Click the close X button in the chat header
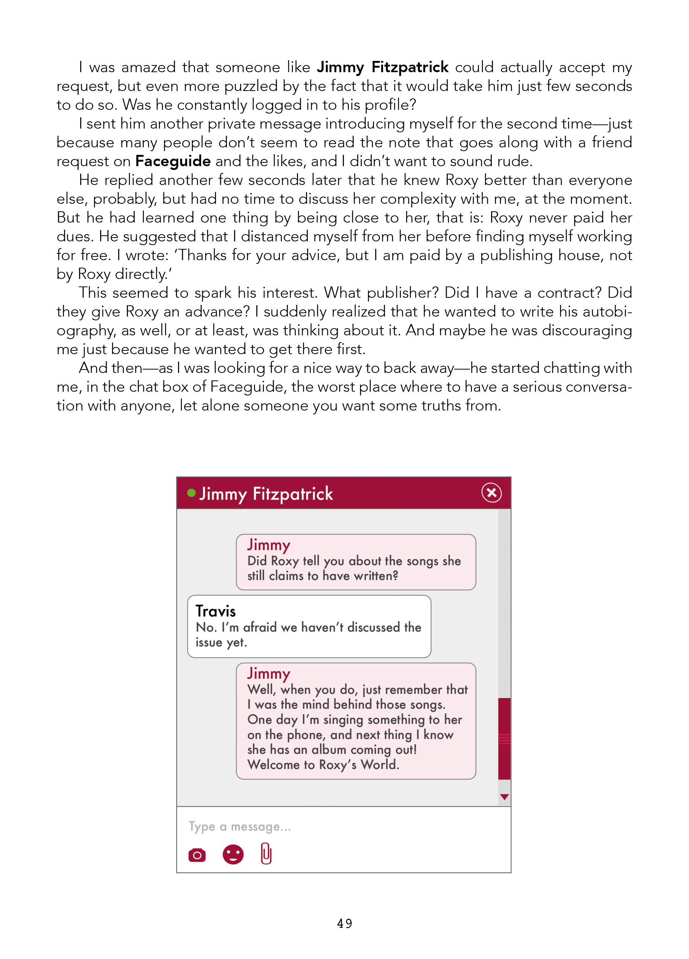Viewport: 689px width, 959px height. (491, 492)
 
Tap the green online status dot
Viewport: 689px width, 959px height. (191, 492)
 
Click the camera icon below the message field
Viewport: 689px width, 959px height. (197, 855)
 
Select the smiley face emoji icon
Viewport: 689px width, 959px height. (233, 854)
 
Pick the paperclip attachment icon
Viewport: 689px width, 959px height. (266, 853)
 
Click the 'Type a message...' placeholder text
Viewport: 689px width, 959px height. (240, 826)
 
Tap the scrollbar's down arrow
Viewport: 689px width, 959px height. (504, 797)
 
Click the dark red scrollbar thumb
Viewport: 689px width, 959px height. (504, 738)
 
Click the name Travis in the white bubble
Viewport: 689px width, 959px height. (215, 611)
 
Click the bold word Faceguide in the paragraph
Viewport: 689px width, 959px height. (173, 161)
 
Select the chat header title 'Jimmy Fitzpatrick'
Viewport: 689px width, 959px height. (266, 494)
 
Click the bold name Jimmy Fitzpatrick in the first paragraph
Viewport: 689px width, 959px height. (383, 67)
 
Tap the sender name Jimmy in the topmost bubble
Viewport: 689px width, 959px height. (269, 545)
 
